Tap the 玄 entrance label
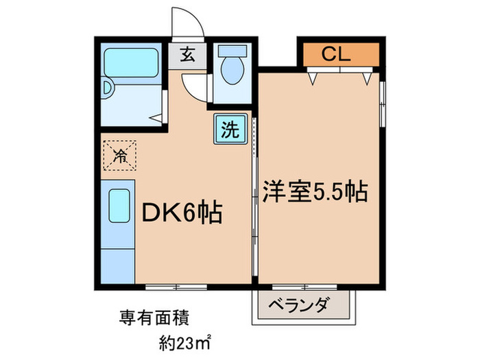pos(187,55)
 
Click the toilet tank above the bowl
pos(232,51)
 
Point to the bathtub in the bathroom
pos(131,63)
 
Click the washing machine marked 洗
pos(230,129)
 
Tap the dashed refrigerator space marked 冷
pos(119,155)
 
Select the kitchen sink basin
pos(119,206)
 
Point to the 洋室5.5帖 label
pos(315,192)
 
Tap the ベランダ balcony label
pos(300,304)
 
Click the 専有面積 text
pos(154,317)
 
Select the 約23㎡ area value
pos(184,343)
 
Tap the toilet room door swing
pos(191,89)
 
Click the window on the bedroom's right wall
pos(383,104)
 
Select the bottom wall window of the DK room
pos(176,287)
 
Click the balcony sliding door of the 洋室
pos(304,287)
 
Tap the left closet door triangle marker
pos(312,78)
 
